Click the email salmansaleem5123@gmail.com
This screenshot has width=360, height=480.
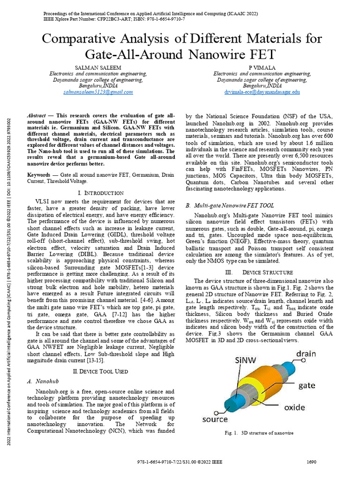[98, 92]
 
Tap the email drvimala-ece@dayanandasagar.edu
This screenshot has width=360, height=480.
[262, 92]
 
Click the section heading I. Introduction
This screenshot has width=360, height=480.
[101, 193]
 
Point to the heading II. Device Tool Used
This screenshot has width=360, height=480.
[101, 371]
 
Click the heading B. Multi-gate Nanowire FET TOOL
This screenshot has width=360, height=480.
[230, 205]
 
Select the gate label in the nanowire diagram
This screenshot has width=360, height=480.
[307, 385]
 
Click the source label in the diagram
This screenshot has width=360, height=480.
[215, 419]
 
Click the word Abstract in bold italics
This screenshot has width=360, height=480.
[37, 115]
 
